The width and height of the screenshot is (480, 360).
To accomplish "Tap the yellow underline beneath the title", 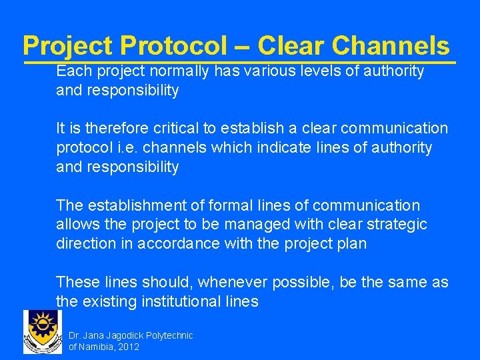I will (x=240, y=63).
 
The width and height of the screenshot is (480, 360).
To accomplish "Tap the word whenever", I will (x=231, y=283).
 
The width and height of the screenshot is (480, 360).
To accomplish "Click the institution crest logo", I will (x=42, y=332).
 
